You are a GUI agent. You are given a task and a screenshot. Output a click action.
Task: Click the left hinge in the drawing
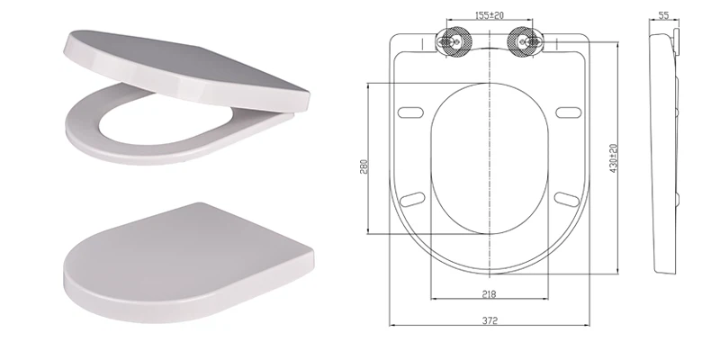450,40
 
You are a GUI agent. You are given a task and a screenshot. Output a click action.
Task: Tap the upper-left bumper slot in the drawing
411,112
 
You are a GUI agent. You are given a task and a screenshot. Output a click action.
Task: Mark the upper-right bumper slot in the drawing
566,112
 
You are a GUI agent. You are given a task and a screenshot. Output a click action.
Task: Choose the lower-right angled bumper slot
564,197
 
